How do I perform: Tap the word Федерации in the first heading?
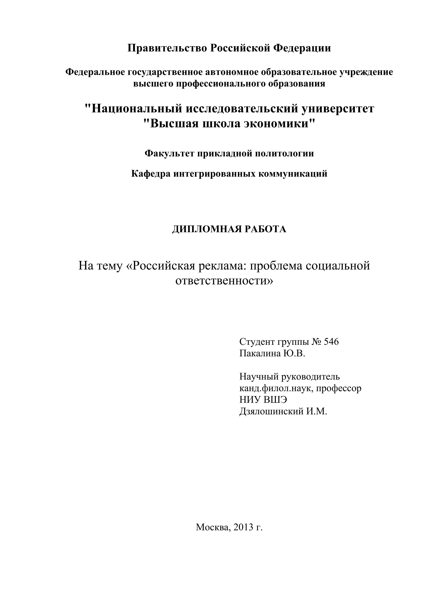click(302, 48)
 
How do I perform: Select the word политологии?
click(284, 153)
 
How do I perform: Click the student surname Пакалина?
click(260, 354)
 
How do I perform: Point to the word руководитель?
click(311, 377)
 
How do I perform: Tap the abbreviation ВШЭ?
click(275, 400)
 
